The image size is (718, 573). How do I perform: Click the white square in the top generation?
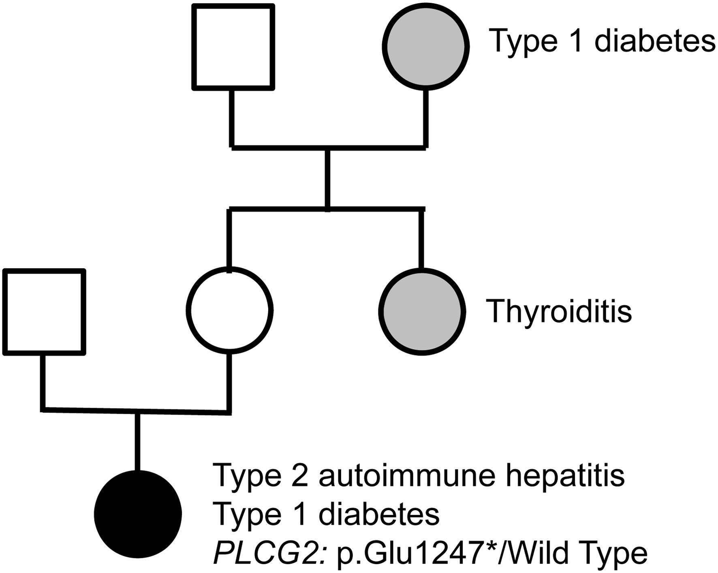pos(233,47)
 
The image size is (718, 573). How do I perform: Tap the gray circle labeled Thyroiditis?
pos(422,311)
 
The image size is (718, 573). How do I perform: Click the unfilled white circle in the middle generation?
pos(229,310)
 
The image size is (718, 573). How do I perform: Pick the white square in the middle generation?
pos(44,312)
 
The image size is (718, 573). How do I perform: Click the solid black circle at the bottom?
pos(138,514)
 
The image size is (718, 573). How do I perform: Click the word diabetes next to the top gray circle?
pos(655,41)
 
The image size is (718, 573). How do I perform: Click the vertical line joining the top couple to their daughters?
pos(327,178)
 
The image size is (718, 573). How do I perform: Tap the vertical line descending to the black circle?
pos(138,442)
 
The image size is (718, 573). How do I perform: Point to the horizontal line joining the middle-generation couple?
pos(136,411)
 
